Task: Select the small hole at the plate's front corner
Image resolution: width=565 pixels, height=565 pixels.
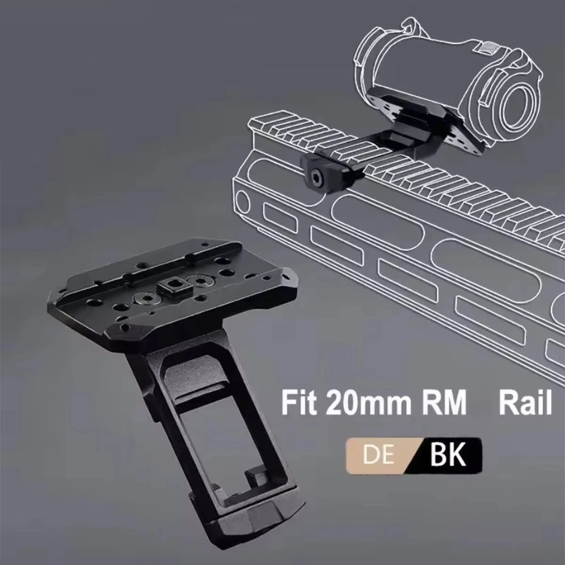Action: [124, 326]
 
